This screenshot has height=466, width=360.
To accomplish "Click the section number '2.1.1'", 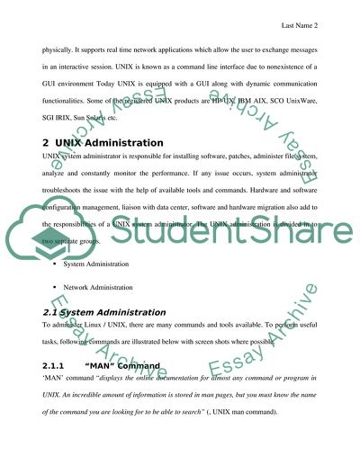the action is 56,366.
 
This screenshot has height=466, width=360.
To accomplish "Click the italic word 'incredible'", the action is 93,397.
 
